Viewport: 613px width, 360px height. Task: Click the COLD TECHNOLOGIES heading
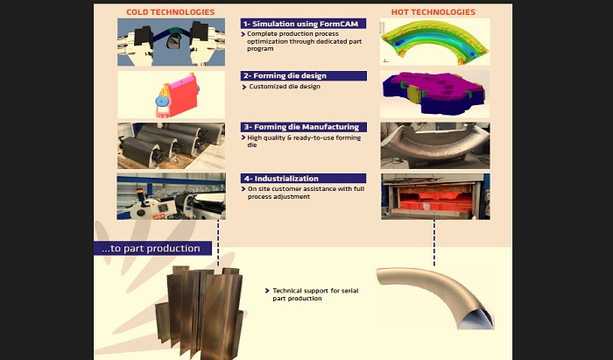pos(171,12)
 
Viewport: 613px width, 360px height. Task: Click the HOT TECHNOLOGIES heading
pos(433,12)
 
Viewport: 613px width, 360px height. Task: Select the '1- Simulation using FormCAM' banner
pos(303,24)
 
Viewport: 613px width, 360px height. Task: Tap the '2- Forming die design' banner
pos(303,75)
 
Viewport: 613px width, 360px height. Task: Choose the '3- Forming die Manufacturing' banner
pos(303,127)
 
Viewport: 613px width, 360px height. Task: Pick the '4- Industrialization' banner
pos(303,178)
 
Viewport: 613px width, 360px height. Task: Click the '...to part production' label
pos(152,248)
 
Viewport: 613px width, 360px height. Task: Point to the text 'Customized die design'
pos(285,87)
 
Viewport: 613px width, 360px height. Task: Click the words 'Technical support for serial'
pos(315,291)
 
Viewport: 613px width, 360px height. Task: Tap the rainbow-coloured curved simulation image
pos(434,42)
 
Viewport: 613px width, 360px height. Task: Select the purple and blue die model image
pos(434,95)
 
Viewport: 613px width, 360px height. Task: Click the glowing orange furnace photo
pos(435,196)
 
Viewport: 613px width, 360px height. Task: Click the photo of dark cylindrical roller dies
pos(172,145)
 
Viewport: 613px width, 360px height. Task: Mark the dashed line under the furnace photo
pos(434,243)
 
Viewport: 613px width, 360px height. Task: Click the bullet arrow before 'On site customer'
pos(243,189)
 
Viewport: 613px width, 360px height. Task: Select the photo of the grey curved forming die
pos(435,145)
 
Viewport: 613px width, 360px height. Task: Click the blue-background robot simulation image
pos(172,42)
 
